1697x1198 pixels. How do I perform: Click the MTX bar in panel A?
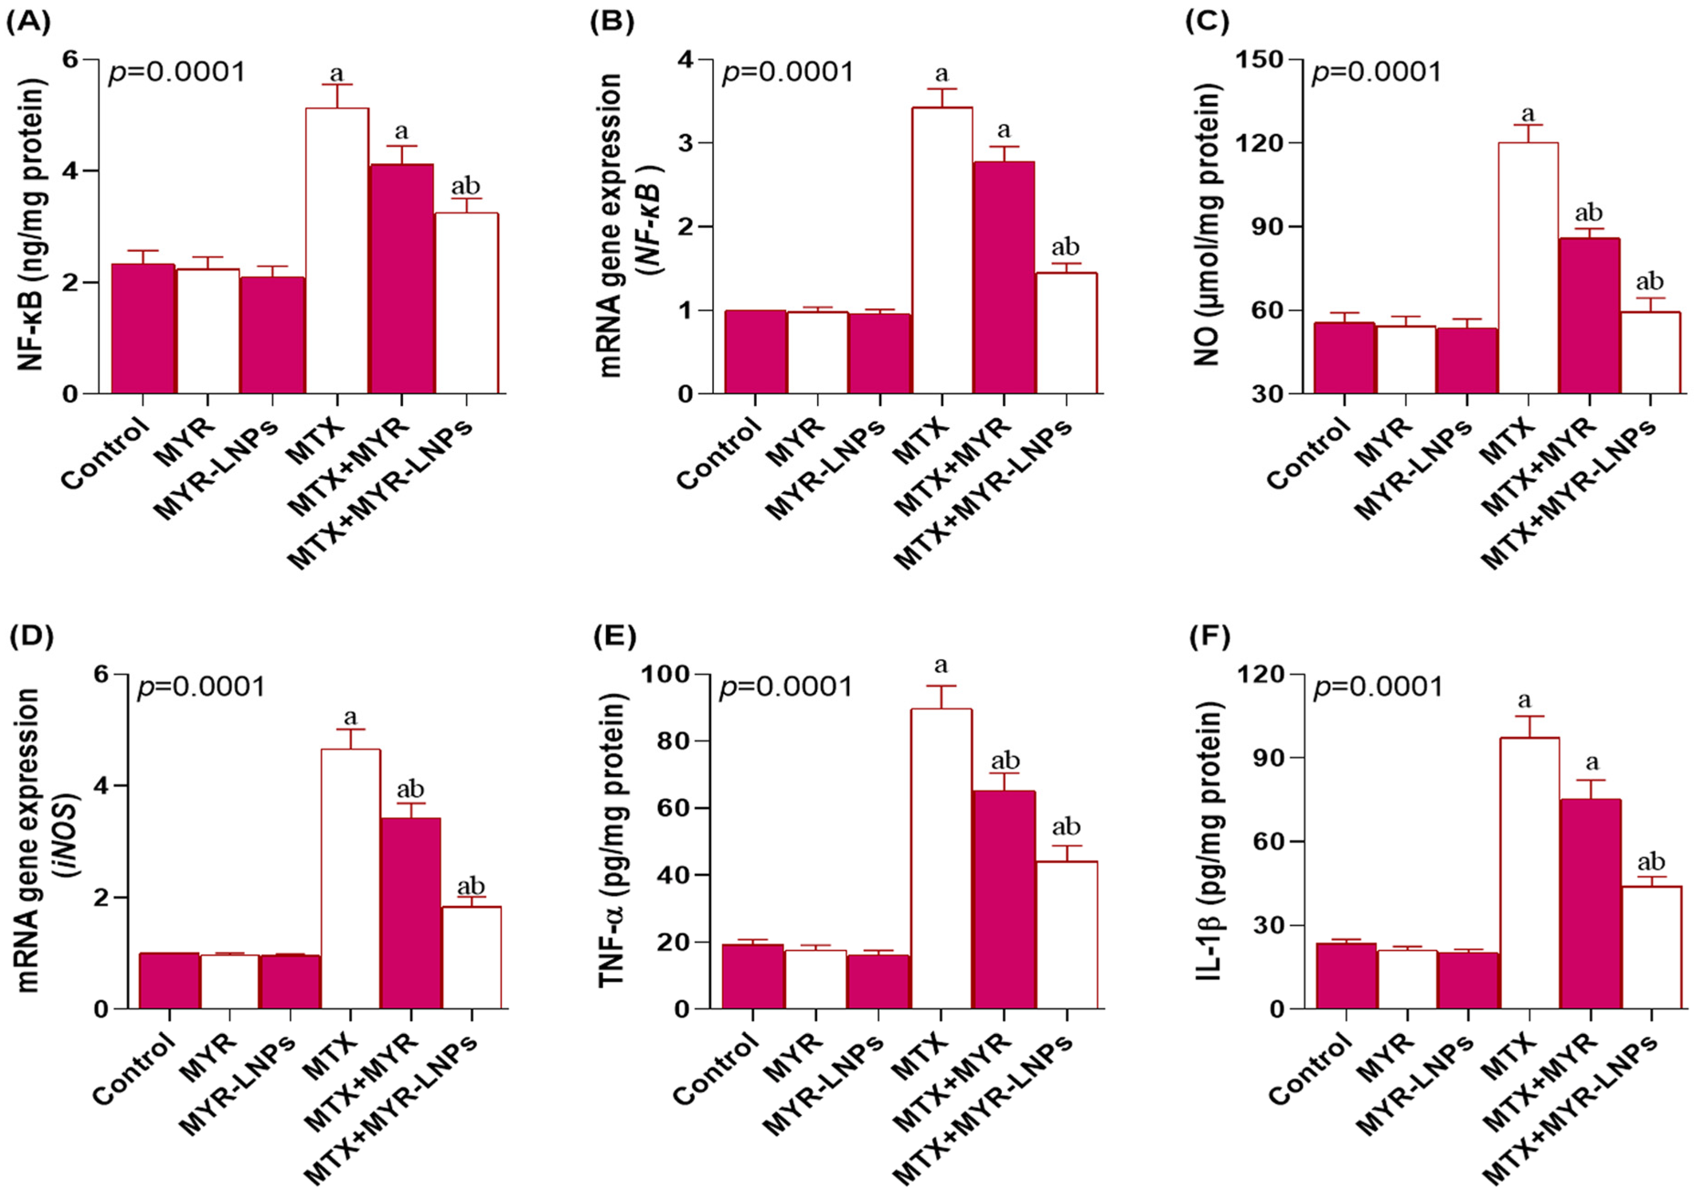(337, 251)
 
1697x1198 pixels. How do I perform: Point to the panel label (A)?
(28, 23)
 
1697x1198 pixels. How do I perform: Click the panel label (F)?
(1208, 637)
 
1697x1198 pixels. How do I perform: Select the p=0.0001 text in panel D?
(201, 687)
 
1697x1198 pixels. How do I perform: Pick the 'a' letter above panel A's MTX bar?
(336, 74)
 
